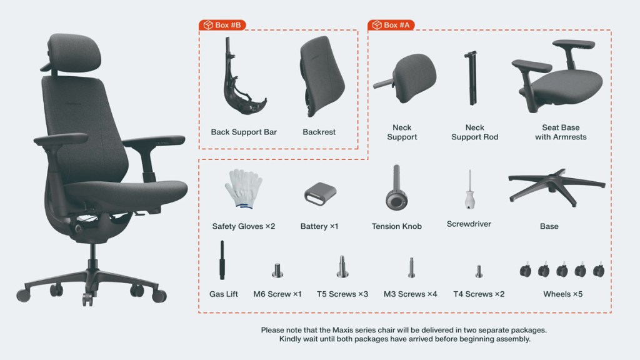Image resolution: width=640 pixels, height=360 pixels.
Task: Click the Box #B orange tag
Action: (x=222, y=25)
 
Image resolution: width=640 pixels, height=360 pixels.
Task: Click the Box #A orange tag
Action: (x=391, y=25)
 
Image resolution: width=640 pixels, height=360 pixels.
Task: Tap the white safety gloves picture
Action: (x=244, y=189)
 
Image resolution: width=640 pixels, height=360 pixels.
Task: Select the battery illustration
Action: (x=321, y=194)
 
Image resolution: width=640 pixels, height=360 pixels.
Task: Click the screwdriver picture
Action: (x=470, y=190)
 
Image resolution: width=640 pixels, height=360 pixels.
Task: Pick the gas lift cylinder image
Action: (x=222, y=260)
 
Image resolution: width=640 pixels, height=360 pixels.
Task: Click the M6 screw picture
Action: (x=277, y=270)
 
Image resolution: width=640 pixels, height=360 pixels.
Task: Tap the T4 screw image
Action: (x=479, y=271)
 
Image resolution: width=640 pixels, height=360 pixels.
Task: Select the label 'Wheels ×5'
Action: (x=563, y=294)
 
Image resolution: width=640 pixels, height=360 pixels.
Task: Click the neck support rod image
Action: (x=471, y=77)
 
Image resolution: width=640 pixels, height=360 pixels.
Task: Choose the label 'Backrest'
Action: (x=319, y=132)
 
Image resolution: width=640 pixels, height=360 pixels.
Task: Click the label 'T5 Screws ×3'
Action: (x=342, y=294)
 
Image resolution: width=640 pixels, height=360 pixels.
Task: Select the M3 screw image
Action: (x=411, y=267)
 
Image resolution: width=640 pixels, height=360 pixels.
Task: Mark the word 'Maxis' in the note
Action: (x=342, y=330)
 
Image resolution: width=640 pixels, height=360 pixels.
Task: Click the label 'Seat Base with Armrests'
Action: (x=561, y=132)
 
